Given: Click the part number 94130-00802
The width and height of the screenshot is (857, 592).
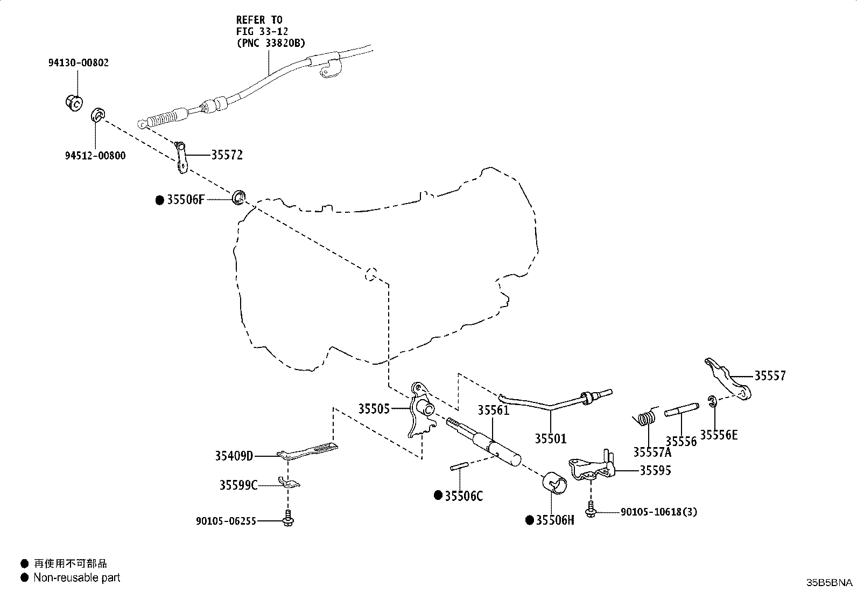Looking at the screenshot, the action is (x=79, y=62).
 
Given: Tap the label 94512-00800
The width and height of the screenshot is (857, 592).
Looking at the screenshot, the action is (x=95, y=156).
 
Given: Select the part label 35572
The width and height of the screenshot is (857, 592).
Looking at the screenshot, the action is (x=227, y=155).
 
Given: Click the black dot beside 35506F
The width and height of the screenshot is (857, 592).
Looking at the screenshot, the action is (x=159, y=200).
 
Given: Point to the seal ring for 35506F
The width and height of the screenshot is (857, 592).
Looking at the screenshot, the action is (x=239, y=197).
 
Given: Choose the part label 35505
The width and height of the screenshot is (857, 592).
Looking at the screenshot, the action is (x=374, y=409).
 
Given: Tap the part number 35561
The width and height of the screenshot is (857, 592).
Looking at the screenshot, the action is (x=494, y=410).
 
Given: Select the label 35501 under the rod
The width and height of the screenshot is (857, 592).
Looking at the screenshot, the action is (x=550, y=438).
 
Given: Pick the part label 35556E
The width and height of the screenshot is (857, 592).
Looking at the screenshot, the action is (x=719, y=435).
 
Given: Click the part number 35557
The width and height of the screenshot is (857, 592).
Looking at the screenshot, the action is (x=770, y=375).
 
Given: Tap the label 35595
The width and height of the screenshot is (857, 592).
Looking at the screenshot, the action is (x=655, y=470).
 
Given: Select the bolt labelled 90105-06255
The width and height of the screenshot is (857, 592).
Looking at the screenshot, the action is (x=288, y=519).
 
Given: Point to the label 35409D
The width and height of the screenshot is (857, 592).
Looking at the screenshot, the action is (x=234, y=456).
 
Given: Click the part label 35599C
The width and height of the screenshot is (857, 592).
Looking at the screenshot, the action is (x=238, y=485).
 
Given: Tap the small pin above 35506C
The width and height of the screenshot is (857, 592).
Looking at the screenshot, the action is (x=459, y=466).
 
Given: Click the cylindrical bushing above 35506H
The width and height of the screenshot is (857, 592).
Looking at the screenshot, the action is (x=555, y=483).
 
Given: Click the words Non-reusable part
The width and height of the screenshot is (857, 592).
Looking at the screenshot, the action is (x=77, y=577).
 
